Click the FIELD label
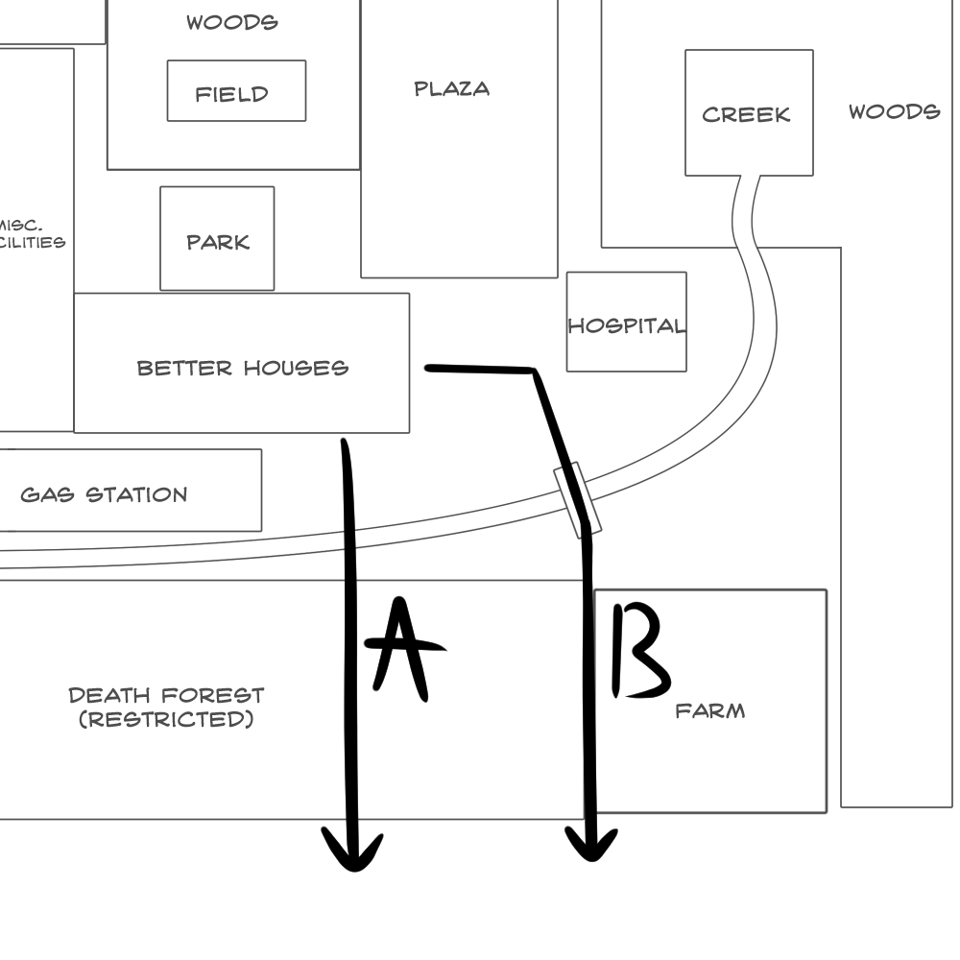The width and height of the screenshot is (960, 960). [x=231, y=94]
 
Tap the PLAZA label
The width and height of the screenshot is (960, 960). [x=451, y=89]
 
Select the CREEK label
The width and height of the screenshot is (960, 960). [x=746, y=114]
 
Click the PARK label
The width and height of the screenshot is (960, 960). [x=218, y=242]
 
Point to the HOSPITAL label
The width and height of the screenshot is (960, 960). [x=626, y=325]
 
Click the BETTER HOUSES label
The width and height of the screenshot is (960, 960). [x=242, y=368]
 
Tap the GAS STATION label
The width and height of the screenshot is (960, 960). [x=104, y=495]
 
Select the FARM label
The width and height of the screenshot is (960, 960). [x=709, y=711]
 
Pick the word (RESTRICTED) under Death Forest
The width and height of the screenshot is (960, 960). [x=166, y=719]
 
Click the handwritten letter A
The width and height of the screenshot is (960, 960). [x=404, y=648]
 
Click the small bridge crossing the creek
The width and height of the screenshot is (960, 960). [x=578, y=499]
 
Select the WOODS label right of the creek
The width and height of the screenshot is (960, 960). [x=894, y=112]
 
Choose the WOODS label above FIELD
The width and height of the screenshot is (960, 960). [x=231, y=22]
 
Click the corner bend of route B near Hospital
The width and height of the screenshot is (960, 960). [x=534, y=371]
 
